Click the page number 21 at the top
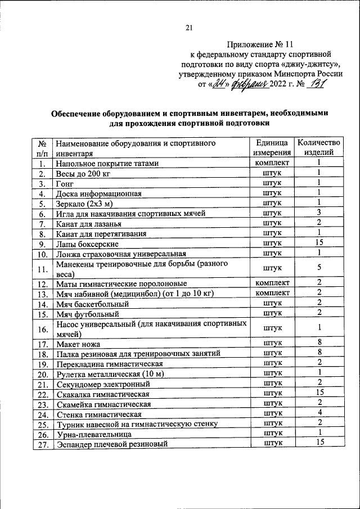point(189,28)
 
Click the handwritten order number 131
point(317,84)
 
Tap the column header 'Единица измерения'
point(272,147)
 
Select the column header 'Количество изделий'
point(318,147)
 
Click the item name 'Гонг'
point(65,183)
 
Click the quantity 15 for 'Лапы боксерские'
point(318,244)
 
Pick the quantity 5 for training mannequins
point(318,268)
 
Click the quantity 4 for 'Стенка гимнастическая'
point(318,413)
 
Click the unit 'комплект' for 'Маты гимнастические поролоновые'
point(272,283)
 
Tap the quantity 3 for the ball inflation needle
point(318,213)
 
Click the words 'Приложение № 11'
point(260,43)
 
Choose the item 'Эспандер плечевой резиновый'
point(112,444)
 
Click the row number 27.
point(42,444)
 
